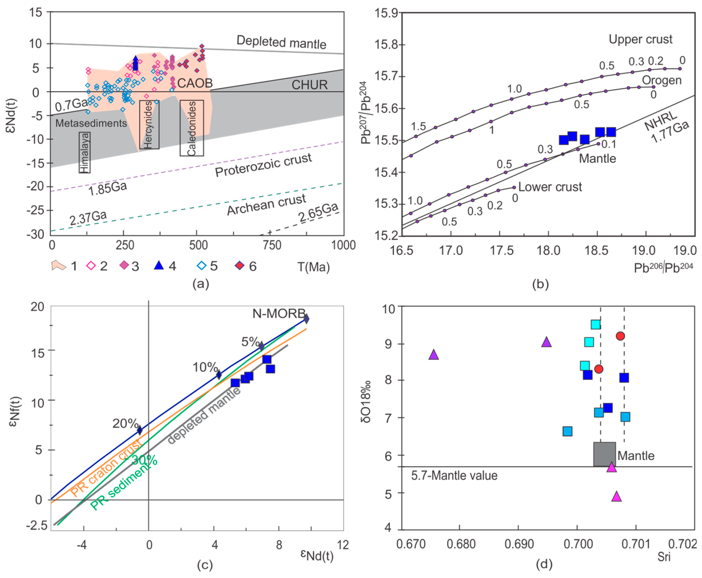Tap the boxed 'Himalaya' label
tap(85, 153)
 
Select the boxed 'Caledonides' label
tap(192, 128)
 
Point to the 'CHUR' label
tap(309, 85)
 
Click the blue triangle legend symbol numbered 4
tap(159, 265)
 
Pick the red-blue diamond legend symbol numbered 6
tap(240, 265)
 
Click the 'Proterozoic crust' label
tap(263, 165)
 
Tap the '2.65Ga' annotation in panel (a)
tap(318, 212)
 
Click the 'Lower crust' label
tap(550, 187)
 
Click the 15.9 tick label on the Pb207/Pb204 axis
tap(386, 13)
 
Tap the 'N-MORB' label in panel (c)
tap(279, 313)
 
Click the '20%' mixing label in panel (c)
tap(125, 424)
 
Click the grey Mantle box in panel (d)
tap(604, 454)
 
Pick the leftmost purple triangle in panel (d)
tap(433, 355)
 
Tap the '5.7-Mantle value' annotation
tap(454, 475)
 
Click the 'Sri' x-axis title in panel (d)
tap(664, 557)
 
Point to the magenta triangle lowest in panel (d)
tap(616, 497)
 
